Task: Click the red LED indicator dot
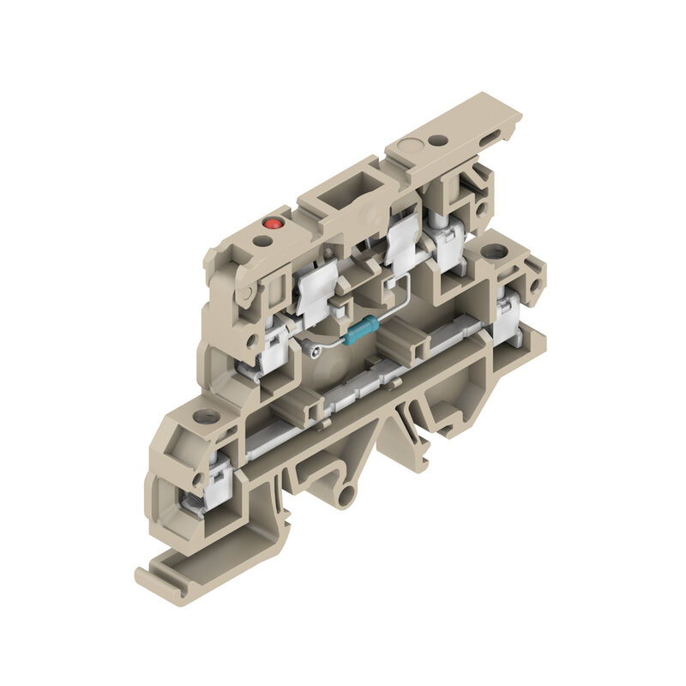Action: tap(274, 223)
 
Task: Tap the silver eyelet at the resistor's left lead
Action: tap(313, 348)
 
